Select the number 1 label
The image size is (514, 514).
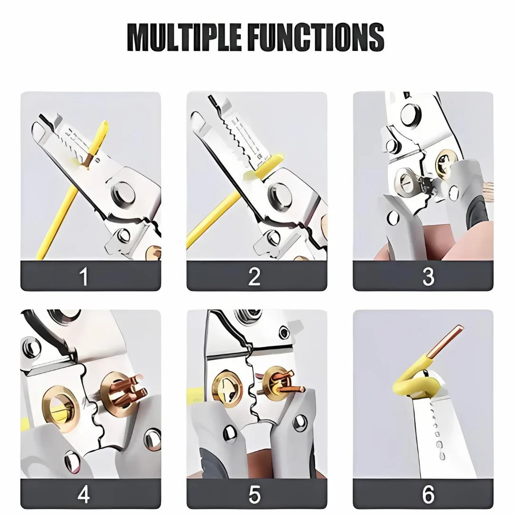click(x=84, y=276)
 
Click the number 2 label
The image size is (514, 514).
click(x=255, y=276)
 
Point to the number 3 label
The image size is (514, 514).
click(x=428, y=276)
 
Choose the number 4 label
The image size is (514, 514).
click(x=84, y=495)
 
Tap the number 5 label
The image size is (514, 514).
click(x=255, y=495)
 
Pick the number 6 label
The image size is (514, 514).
click(x=428, y=495)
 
